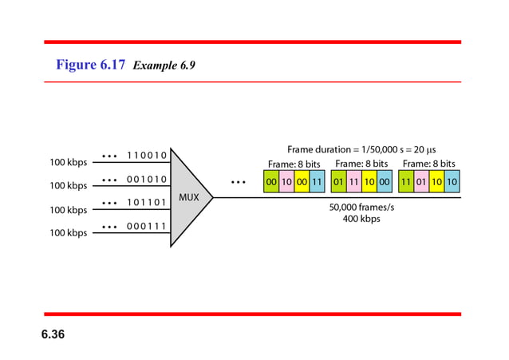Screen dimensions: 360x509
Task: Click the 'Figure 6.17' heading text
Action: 90,65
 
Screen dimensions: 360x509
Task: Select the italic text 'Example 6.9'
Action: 164,66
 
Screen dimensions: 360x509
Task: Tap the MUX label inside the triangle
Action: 189,197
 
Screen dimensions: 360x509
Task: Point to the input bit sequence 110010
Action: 147,156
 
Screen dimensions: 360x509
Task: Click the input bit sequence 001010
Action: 147,180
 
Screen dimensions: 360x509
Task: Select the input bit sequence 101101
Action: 147,203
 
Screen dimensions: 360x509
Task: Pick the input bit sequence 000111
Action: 147,227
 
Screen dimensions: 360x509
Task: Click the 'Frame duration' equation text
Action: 361,149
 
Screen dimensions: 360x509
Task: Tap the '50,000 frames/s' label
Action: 361,207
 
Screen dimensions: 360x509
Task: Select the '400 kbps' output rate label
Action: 361,219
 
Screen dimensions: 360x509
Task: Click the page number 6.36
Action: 53,333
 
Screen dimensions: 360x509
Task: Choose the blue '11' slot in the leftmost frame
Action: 318,181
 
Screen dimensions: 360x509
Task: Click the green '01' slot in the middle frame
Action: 339,181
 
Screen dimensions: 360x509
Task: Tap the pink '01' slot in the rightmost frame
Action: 421,181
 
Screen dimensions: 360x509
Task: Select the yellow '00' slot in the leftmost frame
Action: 302,181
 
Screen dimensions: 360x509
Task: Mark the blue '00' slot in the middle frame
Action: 385,181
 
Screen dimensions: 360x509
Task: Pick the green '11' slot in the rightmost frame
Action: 406,181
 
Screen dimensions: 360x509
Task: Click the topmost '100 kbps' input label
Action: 69,163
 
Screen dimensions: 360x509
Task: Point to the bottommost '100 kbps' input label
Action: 69,233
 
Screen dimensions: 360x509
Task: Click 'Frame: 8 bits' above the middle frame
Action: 361,164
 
